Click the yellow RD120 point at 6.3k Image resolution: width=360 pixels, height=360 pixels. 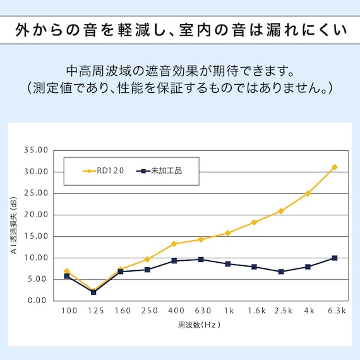335,167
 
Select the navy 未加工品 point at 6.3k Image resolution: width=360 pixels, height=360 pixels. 335,258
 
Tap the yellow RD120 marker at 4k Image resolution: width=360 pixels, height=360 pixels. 308,193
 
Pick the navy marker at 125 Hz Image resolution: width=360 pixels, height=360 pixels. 93,292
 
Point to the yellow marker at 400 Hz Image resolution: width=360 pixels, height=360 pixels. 174,244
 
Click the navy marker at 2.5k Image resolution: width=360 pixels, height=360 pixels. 281,272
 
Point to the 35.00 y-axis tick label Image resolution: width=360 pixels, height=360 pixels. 35,150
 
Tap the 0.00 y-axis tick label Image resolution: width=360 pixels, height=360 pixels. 38,301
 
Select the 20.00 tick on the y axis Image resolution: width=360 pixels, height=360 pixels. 35,215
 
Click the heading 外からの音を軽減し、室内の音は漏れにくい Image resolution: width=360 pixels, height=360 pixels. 180,30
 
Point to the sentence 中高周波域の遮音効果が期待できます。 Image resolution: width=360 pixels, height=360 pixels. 180,68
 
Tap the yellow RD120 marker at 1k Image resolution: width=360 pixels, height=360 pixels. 227,233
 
